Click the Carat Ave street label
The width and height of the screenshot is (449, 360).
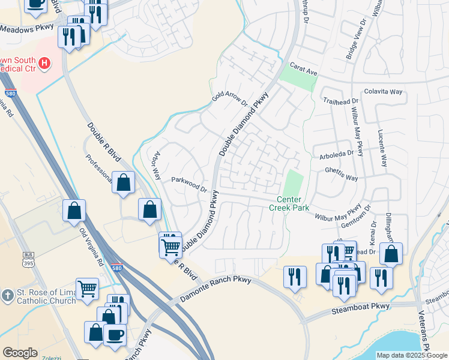303,70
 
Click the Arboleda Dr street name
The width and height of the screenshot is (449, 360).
335,154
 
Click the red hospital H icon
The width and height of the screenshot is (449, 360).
43,62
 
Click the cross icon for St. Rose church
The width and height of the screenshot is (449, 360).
7,295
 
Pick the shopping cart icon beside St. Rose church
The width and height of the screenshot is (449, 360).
88,288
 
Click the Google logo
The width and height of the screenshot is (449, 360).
20,353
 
